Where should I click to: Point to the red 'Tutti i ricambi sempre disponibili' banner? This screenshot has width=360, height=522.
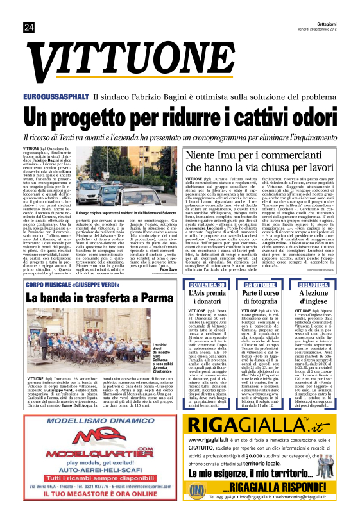pos(96,477)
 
